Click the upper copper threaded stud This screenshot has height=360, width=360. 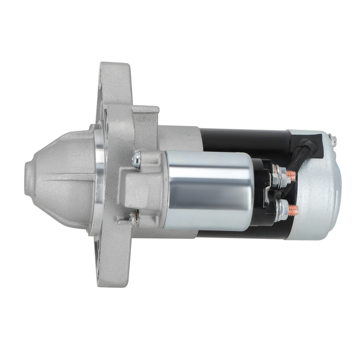pyautogui.click(x=292, y=175)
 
